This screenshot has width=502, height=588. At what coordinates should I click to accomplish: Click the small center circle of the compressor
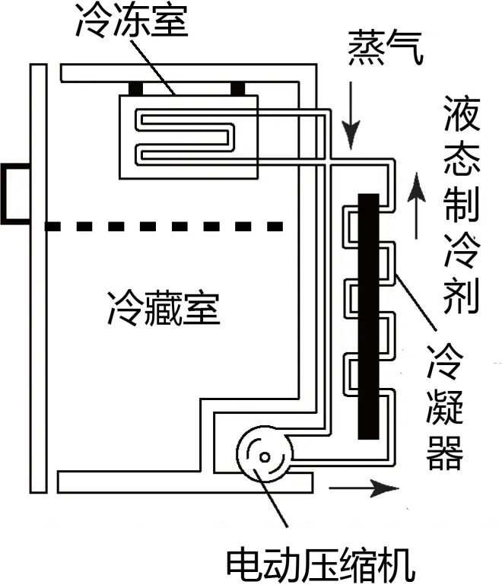point(265,457)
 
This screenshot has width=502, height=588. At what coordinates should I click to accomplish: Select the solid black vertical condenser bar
point(368,316)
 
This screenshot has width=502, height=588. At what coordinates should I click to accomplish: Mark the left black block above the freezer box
point(135,89)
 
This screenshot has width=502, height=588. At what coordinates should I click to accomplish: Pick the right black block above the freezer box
point(238,89)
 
